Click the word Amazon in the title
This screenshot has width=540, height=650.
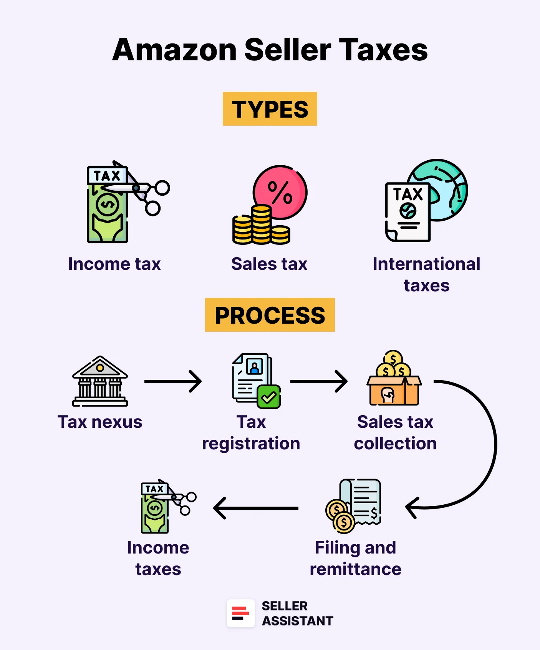(175, 50)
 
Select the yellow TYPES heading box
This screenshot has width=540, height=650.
(270, 109)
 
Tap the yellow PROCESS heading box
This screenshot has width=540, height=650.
(270, 315)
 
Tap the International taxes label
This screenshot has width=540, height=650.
(426, 274)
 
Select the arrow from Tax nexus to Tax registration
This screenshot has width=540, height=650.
(173, 381)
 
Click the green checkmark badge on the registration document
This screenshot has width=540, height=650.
(269, 397)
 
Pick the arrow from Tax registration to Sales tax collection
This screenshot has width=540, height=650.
(319, 381)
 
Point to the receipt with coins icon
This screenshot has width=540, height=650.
(355, 505)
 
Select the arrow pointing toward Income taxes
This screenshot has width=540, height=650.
(255, 508)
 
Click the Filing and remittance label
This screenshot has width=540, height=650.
(355, 558)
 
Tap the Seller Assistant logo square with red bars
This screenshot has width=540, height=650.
(241, 613)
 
